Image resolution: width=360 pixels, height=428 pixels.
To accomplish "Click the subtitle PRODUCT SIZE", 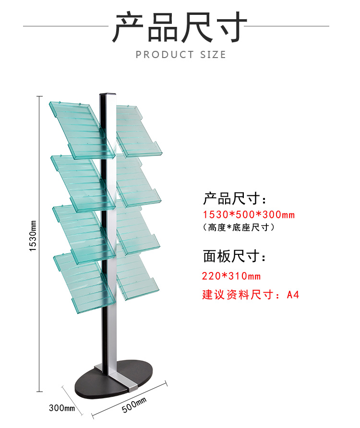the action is (180, 55).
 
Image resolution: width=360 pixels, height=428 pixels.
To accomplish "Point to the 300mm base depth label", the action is (62, 408).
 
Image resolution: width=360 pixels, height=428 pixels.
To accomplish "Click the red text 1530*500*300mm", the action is (249, 214).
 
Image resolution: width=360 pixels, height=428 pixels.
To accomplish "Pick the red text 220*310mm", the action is (231, 276).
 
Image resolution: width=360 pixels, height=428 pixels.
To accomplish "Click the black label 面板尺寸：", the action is (234, 257).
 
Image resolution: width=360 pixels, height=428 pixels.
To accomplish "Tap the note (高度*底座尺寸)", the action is (239, 227).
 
